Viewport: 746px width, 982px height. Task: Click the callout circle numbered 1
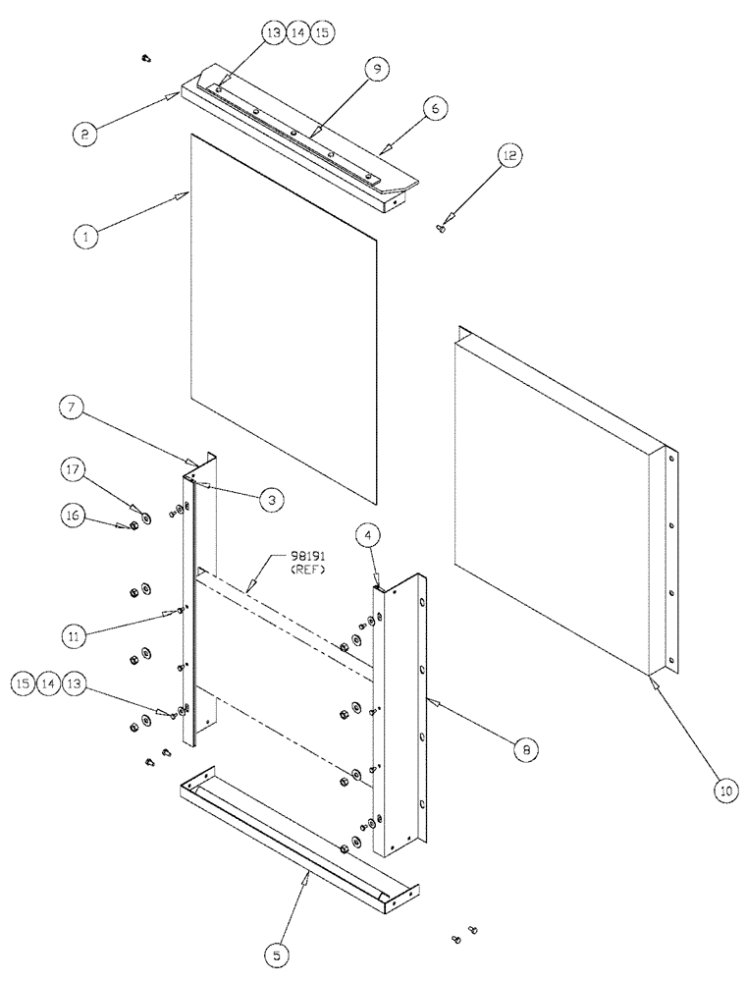[85, 237]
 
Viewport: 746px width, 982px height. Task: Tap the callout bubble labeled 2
[85, 135]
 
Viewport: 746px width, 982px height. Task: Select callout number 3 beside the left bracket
[272, 500]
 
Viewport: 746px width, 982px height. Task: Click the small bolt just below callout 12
[442, 229]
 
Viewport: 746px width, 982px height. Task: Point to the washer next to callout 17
[145, 516]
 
